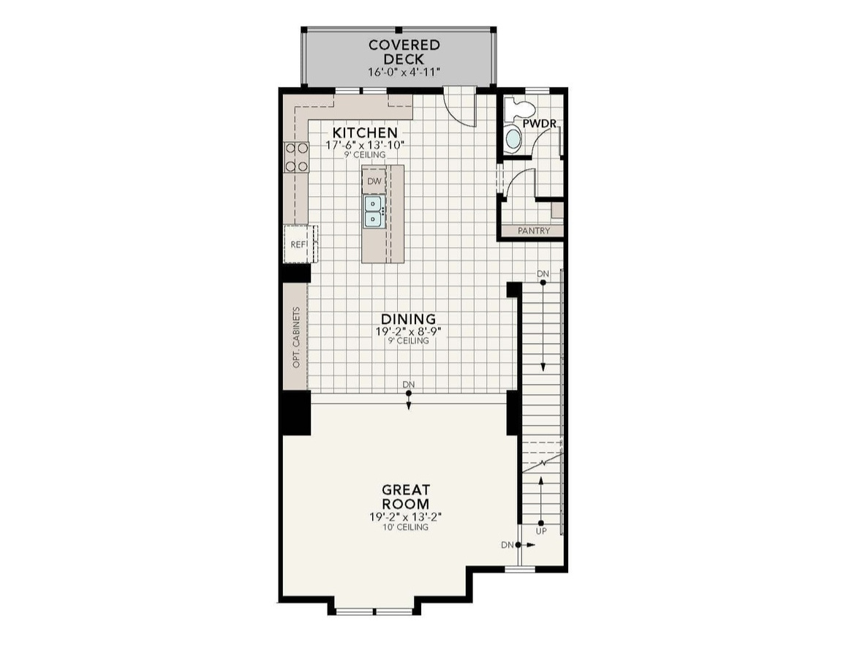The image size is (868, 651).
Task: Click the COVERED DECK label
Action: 394,51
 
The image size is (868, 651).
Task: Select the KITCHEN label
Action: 365,132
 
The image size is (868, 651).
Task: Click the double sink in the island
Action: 374,211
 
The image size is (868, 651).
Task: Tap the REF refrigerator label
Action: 298,244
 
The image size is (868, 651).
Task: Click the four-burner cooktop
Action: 297,157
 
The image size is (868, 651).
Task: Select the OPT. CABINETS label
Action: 296,336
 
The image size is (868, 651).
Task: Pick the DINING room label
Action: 408,319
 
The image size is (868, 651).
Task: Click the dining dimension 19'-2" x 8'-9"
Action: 408,331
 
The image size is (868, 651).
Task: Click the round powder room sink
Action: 514,139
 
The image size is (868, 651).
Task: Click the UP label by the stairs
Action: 541,532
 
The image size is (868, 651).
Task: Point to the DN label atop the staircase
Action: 543,274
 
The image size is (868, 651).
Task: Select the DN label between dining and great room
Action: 408,384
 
